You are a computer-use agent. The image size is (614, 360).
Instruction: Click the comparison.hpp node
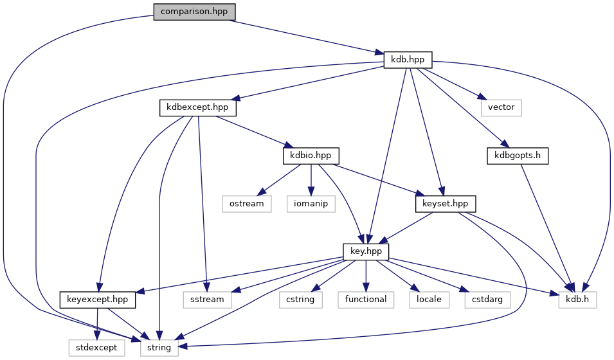click(x=194, y=12)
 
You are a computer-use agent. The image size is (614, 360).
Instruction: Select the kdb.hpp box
click(x=408, y=60)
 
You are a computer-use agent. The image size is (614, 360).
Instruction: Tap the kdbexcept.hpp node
click(x=197, y=107)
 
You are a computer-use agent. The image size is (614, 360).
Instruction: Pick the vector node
click(x=501, y=107)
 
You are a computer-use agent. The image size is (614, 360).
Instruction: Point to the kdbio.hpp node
click(x=311, y=156)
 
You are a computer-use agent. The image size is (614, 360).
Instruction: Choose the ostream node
click(x=246, y=203)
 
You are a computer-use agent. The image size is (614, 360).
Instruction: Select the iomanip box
click(x=311, y=203)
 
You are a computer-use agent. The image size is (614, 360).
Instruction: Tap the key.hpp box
click(x=366, y=251)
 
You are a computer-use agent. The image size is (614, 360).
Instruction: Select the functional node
click(x=365, y=299)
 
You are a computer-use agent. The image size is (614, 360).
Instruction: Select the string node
click(x=159, y=347)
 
